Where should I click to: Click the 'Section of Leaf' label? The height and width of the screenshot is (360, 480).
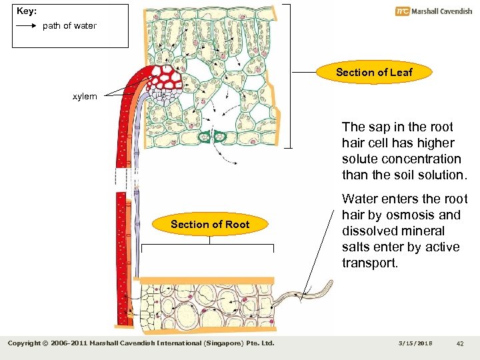click(x=374, y=72)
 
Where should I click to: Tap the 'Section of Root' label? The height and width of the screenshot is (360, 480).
click(x=209, y=224)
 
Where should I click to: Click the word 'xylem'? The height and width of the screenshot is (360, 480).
click(x=85, y=97)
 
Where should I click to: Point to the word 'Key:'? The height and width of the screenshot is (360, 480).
click(x=27, y=12)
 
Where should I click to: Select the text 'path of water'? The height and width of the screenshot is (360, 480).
click(x=69, y=26)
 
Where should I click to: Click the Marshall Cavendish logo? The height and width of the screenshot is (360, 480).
click(x=433, y=11)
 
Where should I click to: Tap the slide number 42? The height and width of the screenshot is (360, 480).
click(x=460, y=343)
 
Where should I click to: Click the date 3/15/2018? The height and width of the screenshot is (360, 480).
click(x=417, y=343)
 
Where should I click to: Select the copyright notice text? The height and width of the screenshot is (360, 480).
click(x=141, y=343)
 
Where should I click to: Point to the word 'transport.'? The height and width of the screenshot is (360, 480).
click(x=369, y=263)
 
